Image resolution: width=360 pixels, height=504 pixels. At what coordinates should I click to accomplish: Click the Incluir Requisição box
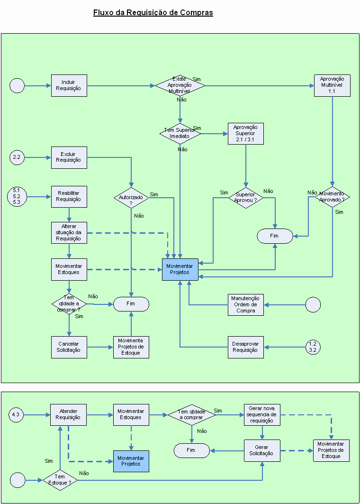[x=69, y=85]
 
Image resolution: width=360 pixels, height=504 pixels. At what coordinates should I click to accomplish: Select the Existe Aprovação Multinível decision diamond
[x=180, y=86]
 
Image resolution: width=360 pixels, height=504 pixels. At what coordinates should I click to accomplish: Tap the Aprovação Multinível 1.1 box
[x=332, y=85]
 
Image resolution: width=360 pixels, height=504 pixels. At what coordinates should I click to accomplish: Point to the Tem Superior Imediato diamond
[x=180, y=133]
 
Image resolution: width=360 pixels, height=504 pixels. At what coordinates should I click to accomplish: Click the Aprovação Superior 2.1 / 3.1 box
[x=245, y=133]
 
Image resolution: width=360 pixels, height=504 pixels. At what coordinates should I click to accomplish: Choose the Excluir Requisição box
[x=69, y=157]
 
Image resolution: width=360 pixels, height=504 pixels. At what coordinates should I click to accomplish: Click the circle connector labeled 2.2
[x=17, y=157]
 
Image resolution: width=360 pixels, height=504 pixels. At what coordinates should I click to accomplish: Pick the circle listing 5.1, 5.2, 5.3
[x=17, y=196]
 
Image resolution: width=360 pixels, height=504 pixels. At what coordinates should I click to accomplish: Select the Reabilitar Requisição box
[x=69, y=196]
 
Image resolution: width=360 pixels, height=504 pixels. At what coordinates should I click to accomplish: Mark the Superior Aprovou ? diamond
[x=245, y=197]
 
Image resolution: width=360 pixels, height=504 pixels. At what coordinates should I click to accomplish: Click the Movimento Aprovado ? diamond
[x=332, y=197]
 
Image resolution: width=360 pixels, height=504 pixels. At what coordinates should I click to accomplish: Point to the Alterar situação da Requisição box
[x=69, y=232]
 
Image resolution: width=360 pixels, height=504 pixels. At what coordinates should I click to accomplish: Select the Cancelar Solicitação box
[x=69, y=347]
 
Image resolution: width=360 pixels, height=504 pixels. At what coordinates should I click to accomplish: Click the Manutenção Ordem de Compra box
[x=245, y=304]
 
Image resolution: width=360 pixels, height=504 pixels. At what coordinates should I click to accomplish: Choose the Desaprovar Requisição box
[x=245, y=347]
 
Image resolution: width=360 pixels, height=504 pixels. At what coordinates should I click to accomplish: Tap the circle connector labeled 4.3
[x=17, y=415]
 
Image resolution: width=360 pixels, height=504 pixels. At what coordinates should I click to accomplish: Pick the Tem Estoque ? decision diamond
[x=60, y=480]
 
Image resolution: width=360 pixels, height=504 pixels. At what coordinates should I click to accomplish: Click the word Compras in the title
[x=197, y=13]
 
